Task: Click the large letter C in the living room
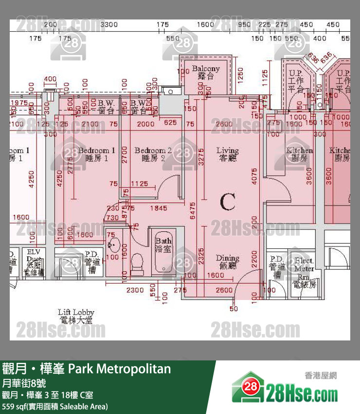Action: coord(228,202)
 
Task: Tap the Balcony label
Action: coord(206,72)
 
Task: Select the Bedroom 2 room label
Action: coord(153,154)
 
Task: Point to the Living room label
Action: coord(228,154)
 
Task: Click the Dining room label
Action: coord(228,262)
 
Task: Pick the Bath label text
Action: coord(163,245)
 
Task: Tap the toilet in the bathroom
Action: coord(137,262)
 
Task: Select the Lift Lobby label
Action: coord(76,316)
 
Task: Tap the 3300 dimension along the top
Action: coord(109,24)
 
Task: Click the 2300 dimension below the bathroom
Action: coord(134,290)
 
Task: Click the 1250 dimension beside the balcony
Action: coord(240,75)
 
